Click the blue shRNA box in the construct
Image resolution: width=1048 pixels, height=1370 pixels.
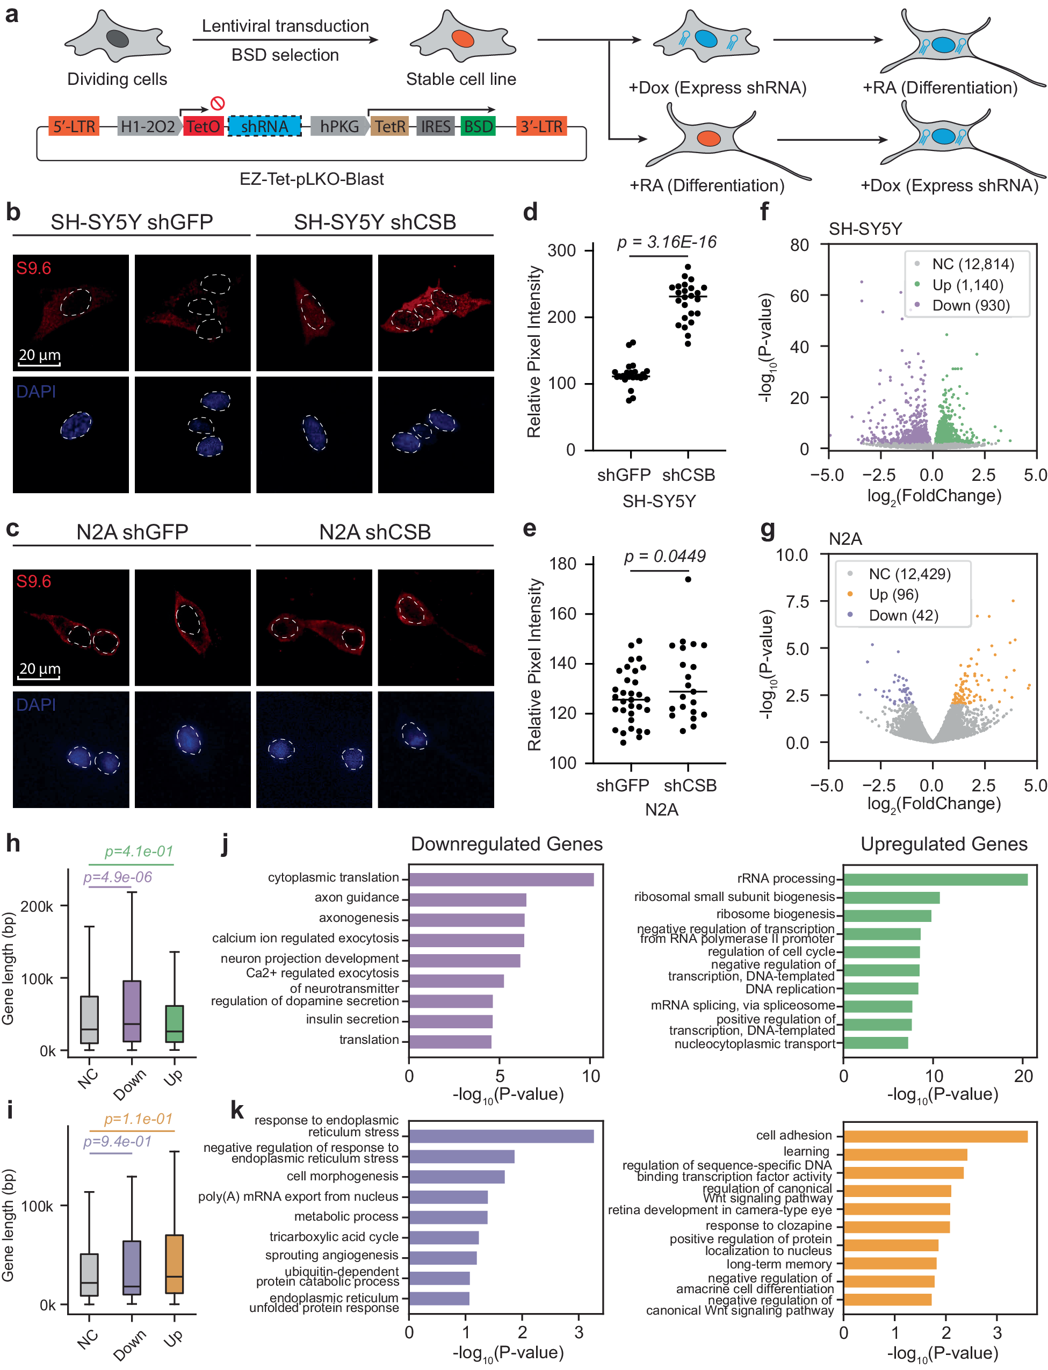pyautogui.click(x=264, y=127)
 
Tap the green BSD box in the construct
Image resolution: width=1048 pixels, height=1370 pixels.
pyautogui.click(x=478, y=127)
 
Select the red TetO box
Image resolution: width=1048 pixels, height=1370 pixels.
pyautogui.click(x=204, y=127)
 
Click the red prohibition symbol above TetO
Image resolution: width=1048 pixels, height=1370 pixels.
pyautogui.click(x=217, y=103)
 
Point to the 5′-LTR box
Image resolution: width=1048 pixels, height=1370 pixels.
pyautogui.click(x=74, y=127)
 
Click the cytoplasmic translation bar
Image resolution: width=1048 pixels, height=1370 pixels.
pyautogui.click(x=501, y=879)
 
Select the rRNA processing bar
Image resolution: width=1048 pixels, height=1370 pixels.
pyautogui.click(x=935, y=879)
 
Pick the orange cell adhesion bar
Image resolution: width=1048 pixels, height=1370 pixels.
pyautogui.click(x=935, y=1136)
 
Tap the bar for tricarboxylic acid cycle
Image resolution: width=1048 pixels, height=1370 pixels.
pyautogui.click(x=444, y=1237)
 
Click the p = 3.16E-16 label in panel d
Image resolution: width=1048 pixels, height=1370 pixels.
pyautogui.click(x=666, y=242)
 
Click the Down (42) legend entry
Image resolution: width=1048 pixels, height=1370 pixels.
pyautogui.click(x=902, y=615)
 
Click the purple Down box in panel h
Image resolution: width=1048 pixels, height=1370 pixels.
pyautogui.click(x=132, y=1011)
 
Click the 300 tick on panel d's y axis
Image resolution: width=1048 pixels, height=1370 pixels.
pyautogui.click(x=561, y=251)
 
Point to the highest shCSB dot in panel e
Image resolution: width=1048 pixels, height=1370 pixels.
pyautogui.click(x=688, y=579)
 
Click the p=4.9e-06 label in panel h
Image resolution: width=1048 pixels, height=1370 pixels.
pyautogui.click(x=117, y=877)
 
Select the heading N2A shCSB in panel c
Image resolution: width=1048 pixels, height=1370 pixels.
pyautogui.click(x=374, y=532)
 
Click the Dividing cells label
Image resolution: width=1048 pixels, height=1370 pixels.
pyautogui.click(x=117, y=79)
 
